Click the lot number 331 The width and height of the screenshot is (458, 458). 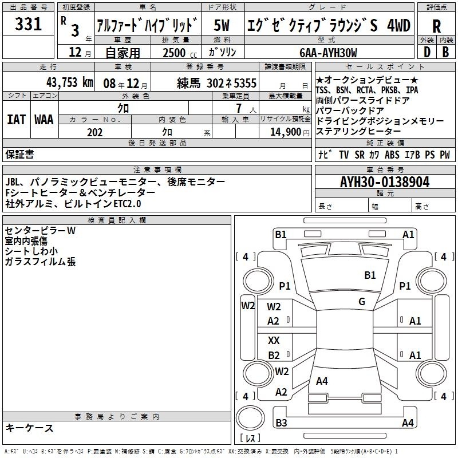[x=28, y=24]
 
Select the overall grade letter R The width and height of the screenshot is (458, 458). [x=436, y=26]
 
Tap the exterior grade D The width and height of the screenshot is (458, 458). [x=427, y=52]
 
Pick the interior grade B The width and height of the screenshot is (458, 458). [x=445, y=52]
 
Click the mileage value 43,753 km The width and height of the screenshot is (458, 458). [x=70, y=82]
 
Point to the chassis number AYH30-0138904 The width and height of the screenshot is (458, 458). [x=385, y=182]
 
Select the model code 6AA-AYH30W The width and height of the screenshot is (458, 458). [x=328, y=53]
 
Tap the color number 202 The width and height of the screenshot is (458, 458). [x=95, y=132]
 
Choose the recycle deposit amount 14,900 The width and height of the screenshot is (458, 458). [x=286, y=132]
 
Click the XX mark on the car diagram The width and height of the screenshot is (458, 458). [x=274, y=340]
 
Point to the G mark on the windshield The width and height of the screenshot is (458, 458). [x=362, y=301]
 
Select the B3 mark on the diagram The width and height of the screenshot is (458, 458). [x=281, y=423]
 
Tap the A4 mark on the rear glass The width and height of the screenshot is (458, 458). [x=322, y=381]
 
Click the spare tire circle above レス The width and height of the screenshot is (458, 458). [x=250, y=418]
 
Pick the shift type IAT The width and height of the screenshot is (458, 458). [x=17, y=120]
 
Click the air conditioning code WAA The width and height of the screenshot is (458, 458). [x=44, y=120]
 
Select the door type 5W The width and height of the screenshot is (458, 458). [x=222, y=25]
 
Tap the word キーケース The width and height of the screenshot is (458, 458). [x=30, y=428]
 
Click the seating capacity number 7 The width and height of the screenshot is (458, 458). [x=239, y=108]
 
